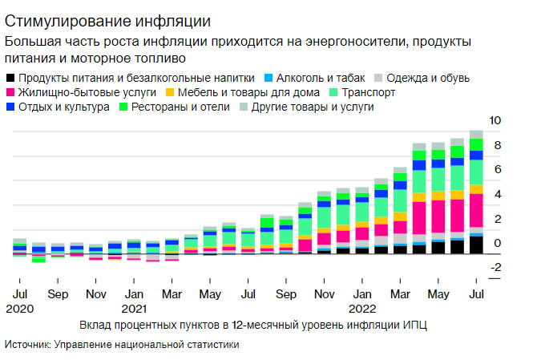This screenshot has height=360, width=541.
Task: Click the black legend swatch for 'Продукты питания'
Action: click(x=10, y=78)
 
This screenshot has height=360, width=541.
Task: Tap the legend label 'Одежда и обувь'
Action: click(x=428, y=78)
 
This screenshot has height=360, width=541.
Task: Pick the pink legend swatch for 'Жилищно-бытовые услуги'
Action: click(x=10, y=92)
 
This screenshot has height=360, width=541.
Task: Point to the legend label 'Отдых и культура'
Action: click(x=63, y=107)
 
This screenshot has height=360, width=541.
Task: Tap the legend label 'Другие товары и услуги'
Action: click(x=313, y=107)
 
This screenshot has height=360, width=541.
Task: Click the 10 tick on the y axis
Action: click(x=495, y=120)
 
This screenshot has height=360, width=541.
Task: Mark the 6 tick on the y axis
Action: click(x=497, y=170)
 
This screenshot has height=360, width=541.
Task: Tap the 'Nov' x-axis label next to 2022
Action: click(x=324, y=294)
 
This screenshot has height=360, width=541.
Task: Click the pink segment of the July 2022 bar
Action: click(x=476, y=210)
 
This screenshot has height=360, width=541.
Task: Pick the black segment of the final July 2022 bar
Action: click(x=476, y=245)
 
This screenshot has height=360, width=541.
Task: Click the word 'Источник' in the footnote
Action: click(x=27, y=344)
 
